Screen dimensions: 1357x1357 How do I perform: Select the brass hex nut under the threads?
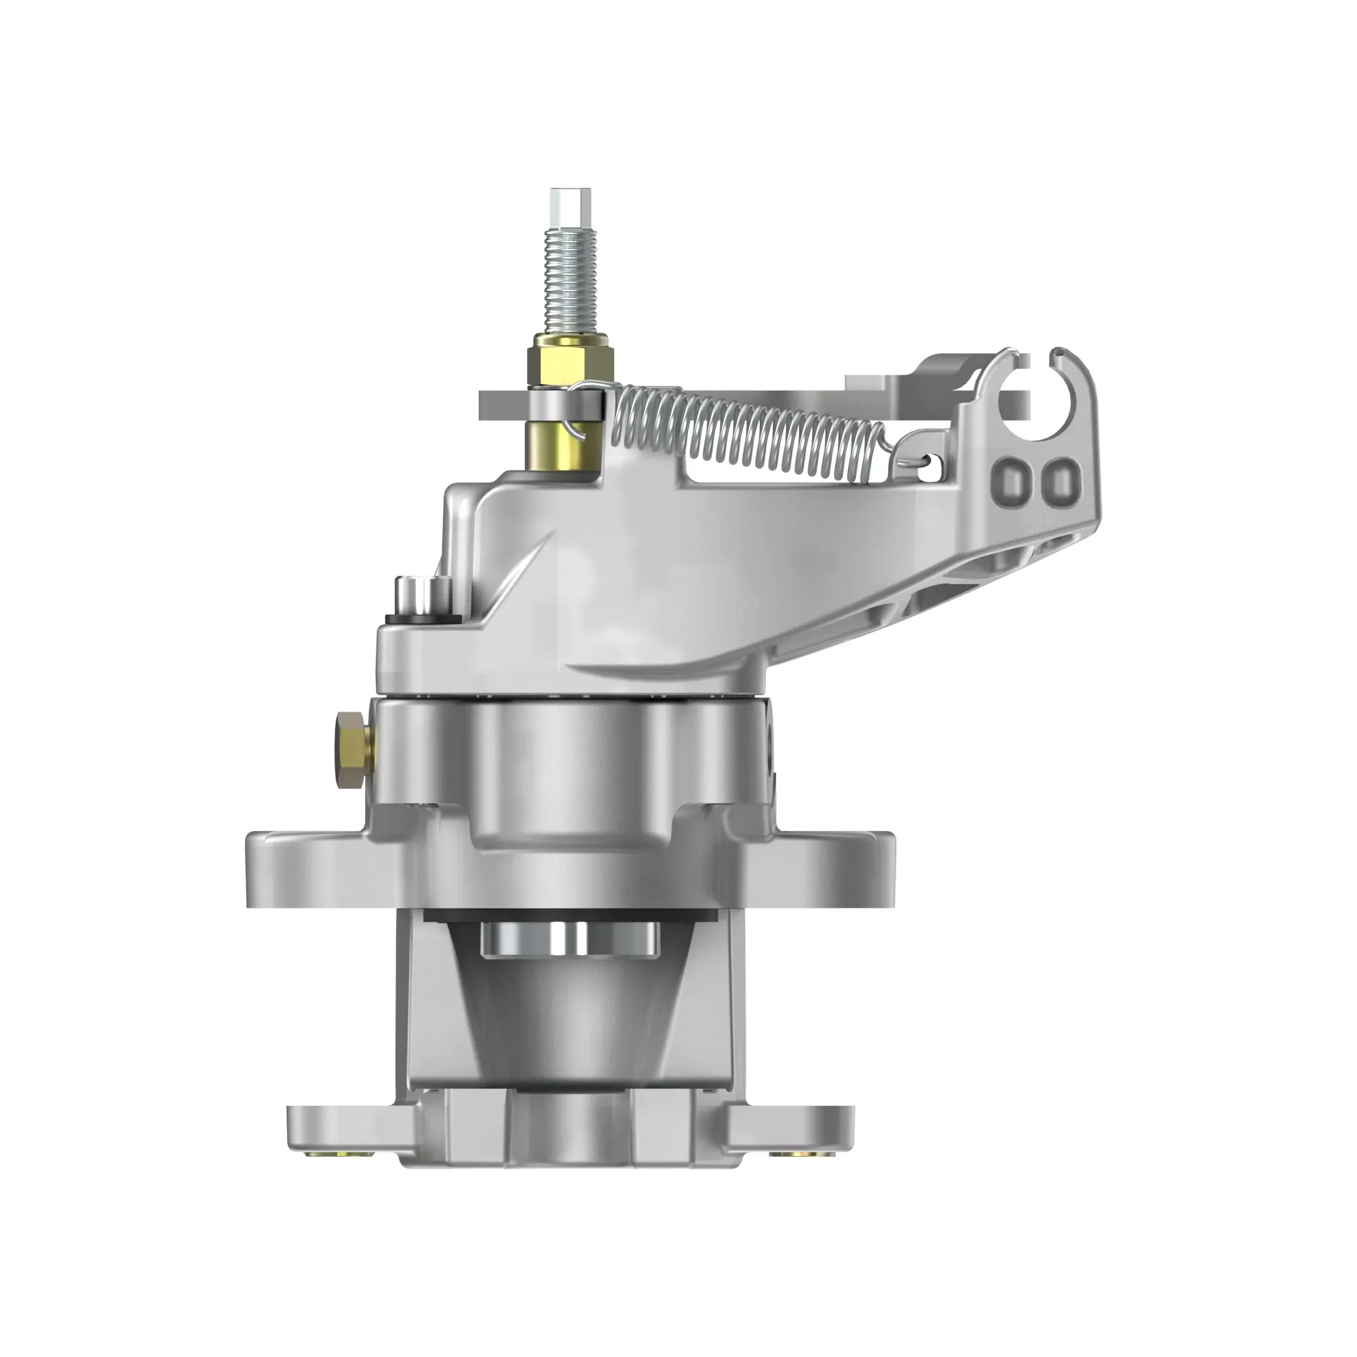click(x=571, y=359)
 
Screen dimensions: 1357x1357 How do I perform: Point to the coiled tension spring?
click(x=744, y=428)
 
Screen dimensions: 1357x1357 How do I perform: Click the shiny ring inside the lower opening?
click(x=570, y=939)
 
